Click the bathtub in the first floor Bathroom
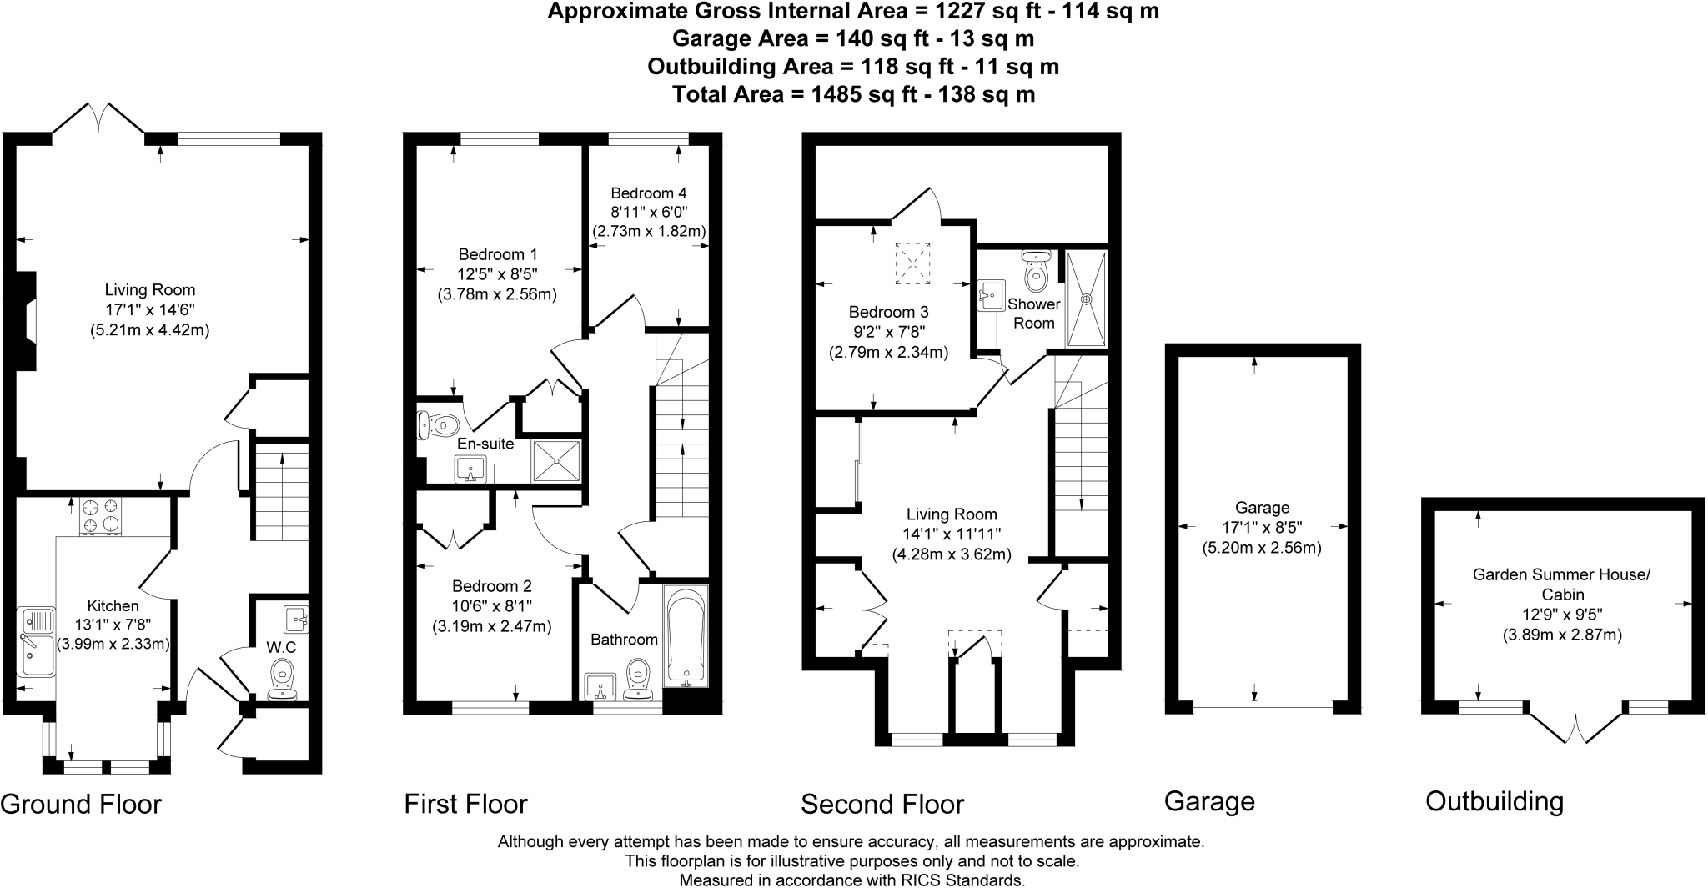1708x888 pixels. click(686, 636)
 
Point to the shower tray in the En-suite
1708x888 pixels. click(556, 460)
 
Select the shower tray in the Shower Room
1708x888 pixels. click(1087, 298)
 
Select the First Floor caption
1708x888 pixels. click(465, 804)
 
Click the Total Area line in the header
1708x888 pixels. click(853, 93)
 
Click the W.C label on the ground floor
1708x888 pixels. click(281, 647)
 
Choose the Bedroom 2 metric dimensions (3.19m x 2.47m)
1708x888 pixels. click(491, 626)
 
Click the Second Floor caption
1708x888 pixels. click(882, 804)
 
